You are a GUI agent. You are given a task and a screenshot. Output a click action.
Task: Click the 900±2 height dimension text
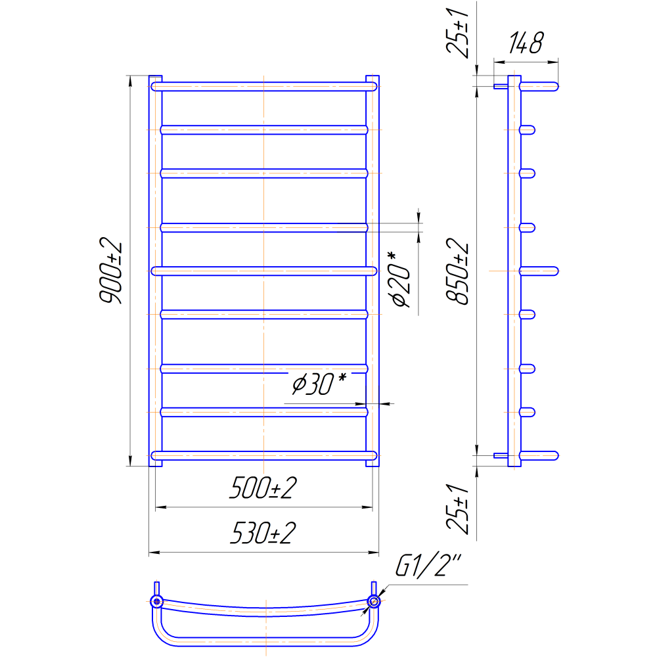pyautogui.click(x=110, y=270)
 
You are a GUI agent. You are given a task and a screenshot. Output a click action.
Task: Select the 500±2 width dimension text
pyautogui.click(x=263, y=487)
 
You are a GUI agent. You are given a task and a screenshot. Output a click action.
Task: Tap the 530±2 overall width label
pyautogui.click(x=263, y=533)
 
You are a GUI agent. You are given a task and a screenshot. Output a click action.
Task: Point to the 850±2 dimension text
pyautogui.click(x=457, y=271)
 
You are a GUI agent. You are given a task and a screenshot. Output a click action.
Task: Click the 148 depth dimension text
pyautogui.click(x=526, y=43)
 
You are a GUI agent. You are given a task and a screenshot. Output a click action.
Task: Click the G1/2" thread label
pyautogui.click(x=428, y=565)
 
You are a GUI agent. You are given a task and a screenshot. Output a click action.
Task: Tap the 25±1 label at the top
pyautogui.click(x=457, y=33)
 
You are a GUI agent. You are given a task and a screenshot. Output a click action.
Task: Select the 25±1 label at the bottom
pyautogui.click(x=457, y=509)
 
